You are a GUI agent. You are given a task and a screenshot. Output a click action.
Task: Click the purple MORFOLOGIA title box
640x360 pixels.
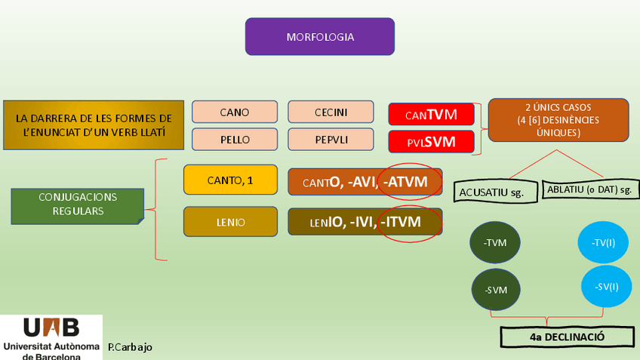coord(319,36)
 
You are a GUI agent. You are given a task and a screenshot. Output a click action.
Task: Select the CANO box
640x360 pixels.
coord(234,112)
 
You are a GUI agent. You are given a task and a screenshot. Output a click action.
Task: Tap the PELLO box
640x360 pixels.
coord(234,140)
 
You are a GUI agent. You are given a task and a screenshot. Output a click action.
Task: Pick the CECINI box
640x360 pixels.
coord(331,112)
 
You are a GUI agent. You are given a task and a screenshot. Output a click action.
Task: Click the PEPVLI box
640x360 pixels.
coord(331,140)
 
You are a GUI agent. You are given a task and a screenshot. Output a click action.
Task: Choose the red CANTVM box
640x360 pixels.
coord(431,115)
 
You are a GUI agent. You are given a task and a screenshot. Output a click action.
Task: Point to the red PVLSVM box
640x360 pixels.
coord(431,141)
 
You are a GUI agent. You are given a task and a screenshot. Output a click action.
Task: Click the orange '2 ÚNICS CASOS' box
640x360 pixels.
coord(558,119)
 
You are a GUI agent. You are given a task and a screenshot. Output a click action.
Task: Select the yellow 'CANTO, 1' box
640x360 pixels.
coord(230,180)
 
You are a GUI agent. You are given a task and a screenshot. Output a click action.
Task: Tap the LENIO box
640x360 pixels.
coord(230,222)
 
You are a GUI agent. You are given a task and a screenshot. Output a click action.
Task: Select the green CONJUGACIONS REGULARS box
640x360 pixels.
coord(78,205)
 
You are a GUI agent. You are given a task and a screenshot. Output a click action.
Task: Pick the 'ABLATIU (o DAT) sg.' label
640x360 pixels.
coord(590,189)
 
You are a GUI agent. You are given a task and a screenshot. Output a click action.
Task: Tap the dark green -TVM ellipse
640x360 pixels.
coord(494,242)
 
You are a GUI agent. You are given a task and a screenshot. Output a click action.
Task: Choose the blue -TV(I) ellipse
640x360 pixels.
coord(603,242)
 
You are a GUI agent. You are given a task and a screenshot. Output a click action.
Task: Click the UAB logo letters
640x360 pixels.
coord(51,328)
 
